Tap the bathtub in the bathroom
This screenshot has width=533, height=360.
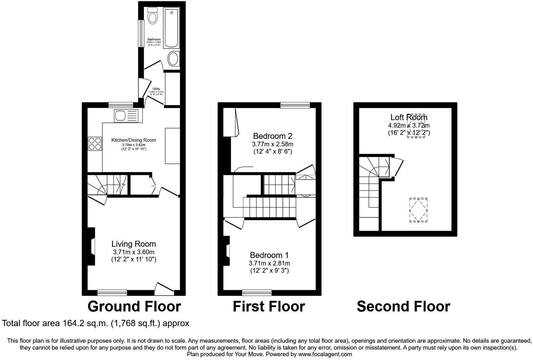pos(171,29)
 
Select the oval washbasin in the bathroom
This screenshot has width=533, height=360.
pos(174,59)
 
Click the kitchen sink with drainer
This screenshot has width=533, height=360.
pos(126,115)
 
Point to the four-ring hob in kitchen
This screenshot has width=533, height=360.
pos(95,143)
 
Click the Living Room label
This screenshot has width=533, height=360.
pos(134,244)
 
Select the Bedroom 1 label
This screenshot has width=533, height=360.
pos(269,255)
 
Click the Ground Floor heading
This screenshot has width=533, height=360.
pos(134,306)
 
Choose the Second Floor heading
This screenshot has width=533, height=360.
pos(403,306)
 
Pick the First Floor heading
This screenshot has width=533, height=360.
pos(269,306)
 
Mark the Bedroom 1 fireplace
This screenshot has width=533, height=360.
pos(227,251)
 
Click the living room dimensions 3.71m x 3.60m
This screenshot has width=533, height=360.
pos(134,252)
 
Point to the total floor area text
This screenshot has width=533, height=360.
pos(96,323)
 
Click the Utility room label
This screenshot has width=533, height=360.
pos(156,89)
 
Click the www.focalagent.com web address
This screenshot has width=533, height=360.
pos(325,354)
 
